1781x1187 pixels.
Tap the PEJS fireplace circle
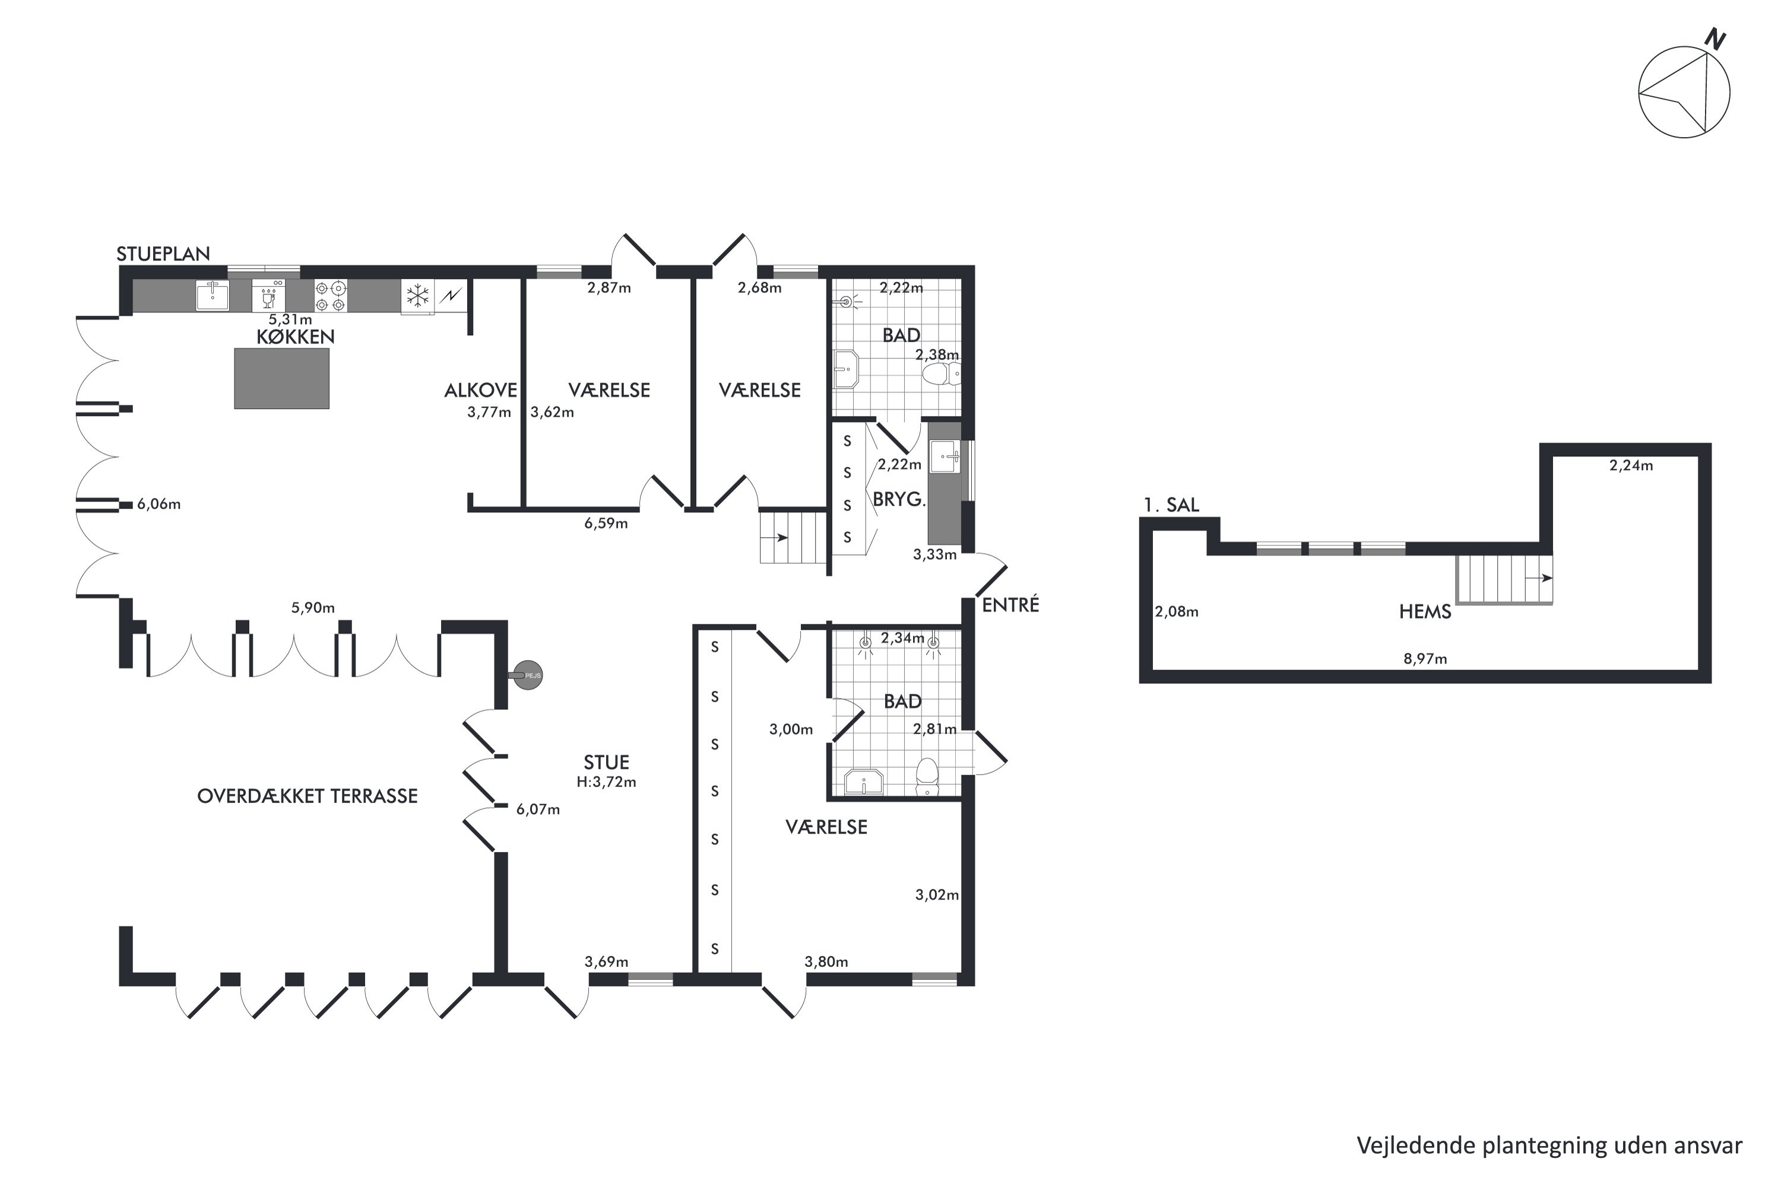[528, 674]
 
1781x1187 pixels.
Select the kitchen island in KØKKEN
[281, 379]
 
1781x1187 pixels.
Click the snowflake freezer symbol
[417, 295]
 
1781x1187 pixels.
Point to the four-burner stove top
[331, 296]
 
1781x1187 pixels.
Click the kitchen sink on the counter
[213, 294]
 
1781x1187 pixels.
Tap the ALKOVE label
[481, 391]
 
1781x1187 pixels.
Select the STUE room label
[607, 762]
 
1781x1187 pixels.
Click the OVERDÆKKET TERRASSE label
[308, 796]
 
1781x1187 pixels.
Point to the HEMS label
[1425, 612]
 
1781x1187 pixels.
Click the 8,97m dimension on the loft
[1425, 659]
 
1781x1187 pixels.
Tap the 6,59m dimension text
[606, 523]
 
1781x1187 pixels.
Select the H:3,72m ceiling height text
[607, 782]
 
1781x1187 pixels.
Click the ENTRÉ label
[1011, 605]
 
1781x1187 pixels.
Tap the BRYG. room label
[899, 500]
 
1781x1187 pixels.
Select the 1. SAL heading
[1171, 505]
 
